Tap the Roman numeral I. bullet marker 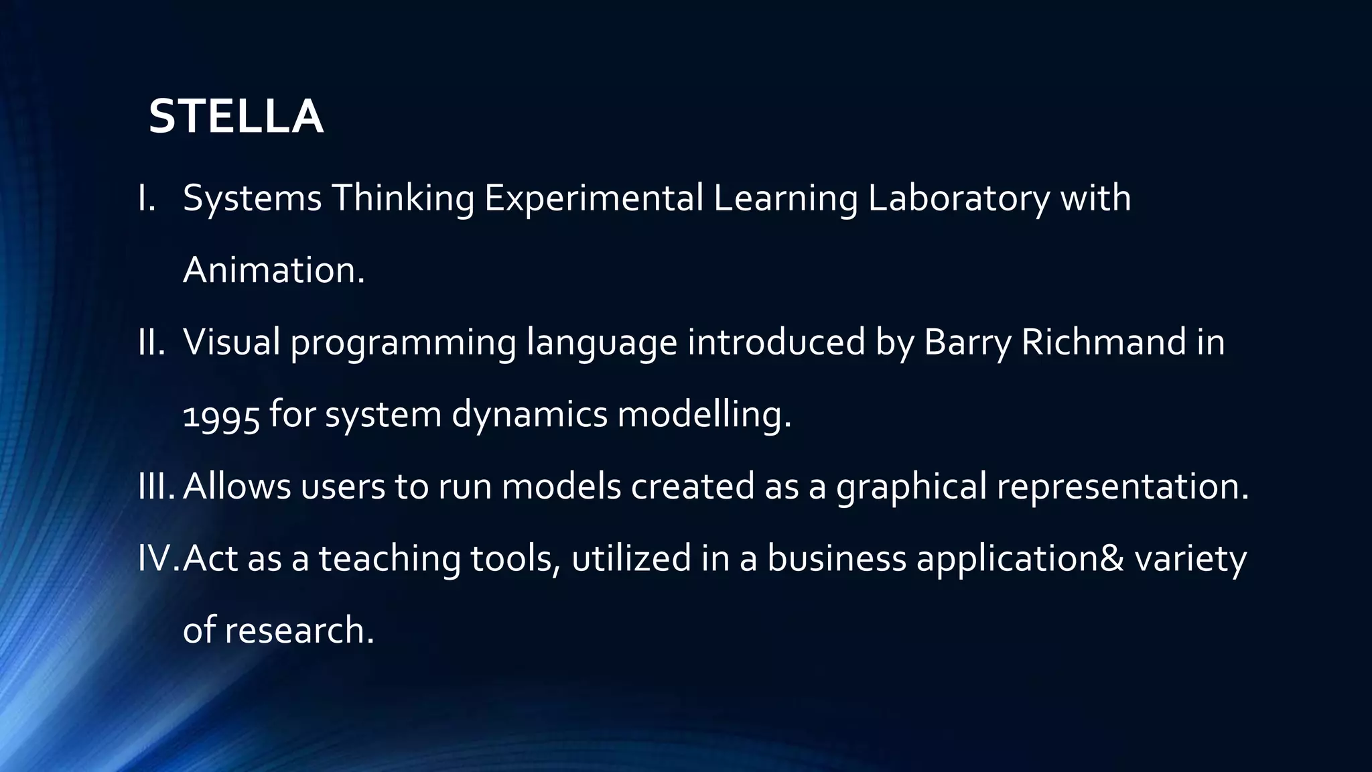click(x=147, y=198)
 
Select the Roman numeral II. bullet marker click(x=151, y=342)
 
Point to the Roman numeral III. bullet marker click(x=156, y=487)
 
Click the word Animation click(x=273, y=270)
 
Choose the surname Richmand click(x=1104, y=342)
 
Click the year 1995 click(x=221, y=416)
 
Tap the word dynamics click(x=529, y=415)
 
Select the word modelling click(x=703, y=415)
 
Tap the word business click(x=836, y=558)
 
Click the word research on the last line click(x=298, y=631)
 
